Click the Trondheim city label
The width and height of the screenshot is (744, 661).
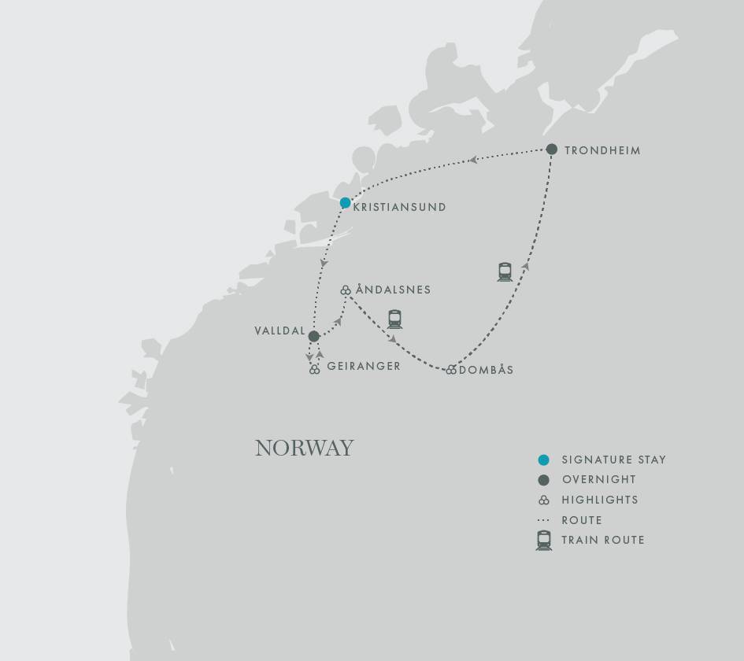click(602, 150)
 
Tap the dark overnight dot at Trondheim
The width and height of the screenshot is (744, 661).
click(552, 150)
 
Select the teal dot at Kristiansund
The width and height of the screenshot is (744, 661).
click(345, 203)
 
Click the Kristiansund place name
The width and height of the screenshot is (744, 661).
click(400, 207)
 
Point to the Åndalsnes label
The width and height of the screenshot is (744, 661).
click(394, 290)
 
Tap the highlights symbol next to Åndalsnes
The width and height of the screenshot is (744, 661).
click(345, 291)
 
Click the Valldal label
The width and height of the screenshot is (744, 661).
click(279, 330)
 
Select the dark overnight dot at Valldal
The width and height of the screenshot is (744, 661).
click(314, 337)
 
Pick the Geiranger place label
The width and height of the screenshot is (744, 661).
click(364, 366)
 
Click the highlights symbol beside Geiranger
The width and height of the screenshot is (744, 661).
click(315, 369)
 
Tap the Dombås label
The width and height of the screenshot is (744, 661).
click(486, 370)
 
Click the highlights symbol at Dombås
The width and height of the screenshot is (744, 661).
click(451, 370)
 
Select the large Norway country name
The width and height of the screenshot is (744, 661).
click(305, 448)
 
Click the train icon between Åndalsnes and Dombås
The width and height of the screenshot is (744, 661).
click(394, 319)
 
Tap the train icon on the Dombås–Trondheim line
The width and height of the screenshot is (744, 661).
click(505, 272)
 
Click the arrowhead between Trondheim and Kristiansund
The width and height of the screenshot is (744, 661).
click(473, 160)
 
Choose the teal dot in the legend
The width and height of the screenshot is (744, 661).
click(543, 460)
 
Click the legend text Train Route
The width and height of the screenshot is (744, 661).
click(603, 540)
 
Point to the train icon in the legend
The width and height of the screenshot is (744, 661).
click(543, 540)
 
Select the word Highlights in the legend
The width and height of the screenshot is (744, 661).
click(600, 500)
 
